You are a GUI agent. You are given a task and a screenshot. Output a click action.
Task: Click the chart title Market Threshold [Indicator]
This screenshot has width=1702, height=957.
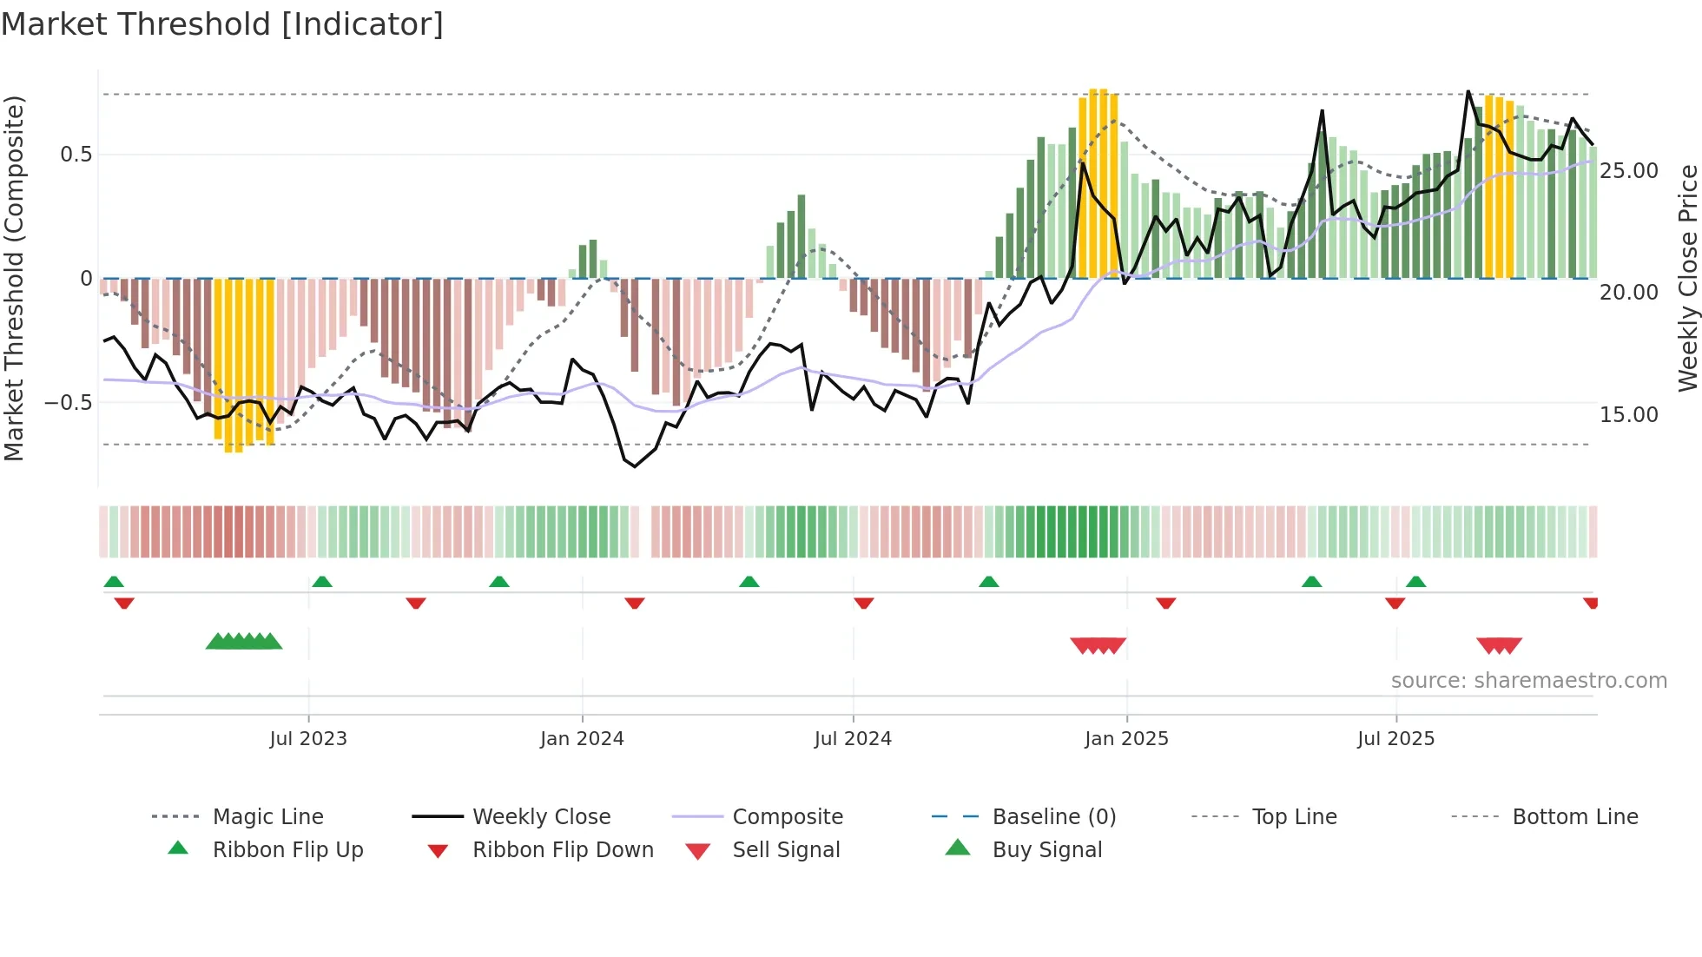tap(222, 24)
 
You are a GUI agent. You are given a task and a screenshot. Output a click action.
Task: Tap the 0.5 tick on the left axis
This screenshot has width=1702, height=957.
tap(76, 155)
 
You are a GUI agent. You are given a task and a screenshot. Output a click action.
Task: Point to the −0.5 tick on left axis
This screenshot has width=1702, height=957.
tap(69, 403)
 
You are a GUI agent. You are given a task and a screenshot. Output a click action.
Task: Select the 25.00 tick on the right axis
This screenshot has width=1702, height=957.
tap(1629, 171)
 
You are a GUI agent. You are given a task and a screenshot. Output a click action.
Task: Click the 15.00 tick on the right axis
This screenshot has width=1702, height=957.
tap(1629, 415)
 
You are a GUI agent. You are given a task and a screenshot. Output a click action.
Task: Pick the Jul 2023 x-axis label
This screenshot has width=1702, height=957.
tap(308, 739)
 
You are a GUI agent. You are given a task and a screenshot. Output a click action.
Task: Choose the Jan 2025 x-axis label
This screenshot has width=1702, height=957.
tap(1126, 739)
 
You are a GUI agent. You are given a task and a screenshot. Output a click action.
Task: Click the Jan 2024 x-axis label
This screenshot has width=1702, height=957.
tap(582, 739)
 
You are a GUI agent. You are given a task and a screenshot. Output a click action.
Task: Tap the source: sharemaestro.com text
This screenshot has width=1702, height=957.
tap(1528, 681)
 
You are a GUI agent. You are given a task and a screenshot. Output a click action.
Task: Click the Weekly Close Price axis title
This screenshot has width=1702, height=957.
tap(1687, 278)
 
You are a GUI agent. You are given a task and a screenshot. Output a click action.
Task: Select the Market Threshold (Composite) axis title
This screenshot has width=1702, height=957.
tap(14, 278)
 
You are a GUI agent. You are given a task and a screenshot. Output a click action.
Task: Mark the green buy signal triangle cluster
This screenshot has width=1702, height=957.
tap(244, 642)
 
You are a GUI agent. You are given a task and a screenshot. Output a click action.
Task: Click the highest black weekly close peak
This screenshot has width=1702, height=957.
tap(1468, 91)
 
